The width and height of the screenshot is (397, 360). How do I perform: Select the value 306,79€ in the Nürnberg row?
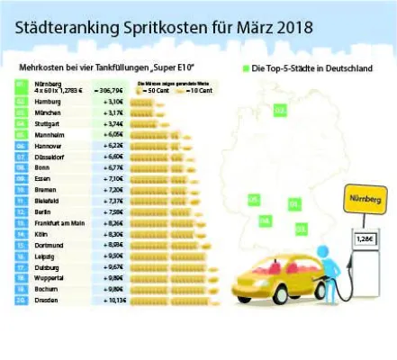click(113, 91)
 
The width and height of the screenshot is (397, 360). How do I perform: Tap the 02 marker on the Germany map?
click(280, 111)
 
